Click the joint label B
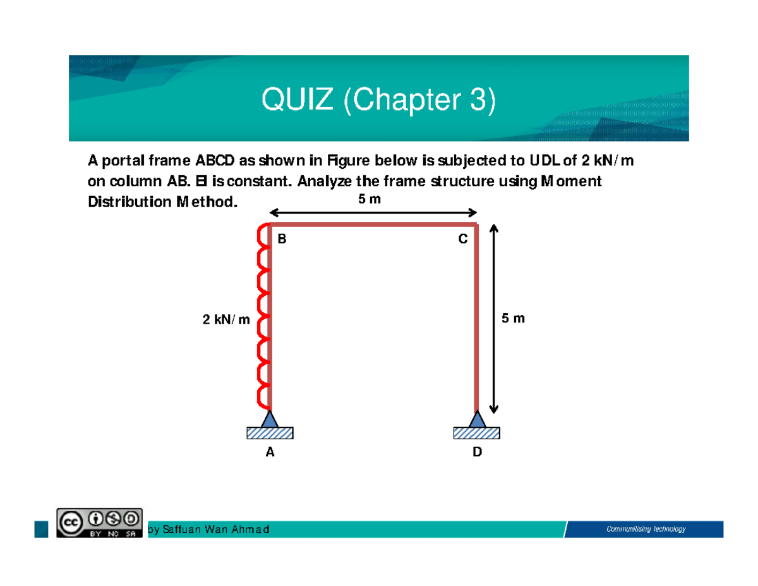coord(282,240)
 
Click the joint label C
coord(463,240)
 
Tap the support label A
coord(270,452)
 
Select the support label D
coord(477,452)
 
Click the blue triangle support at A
coord(270,418)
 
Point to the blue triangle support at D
coord(477,418)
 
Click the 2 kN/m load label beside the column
coord(226,320)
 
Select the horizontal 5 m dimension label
coord(370,199)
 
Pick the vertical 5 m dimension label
coord(513,319)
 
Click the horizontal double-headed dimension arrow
coord(373,213)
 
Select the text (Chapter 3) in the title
coord(419,100)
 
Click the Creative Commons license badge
coord(99,522)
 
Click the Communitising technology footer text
coord(646,529)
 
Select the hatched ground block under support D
coord(477,432)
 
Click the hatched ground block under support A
coord(270,432)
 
